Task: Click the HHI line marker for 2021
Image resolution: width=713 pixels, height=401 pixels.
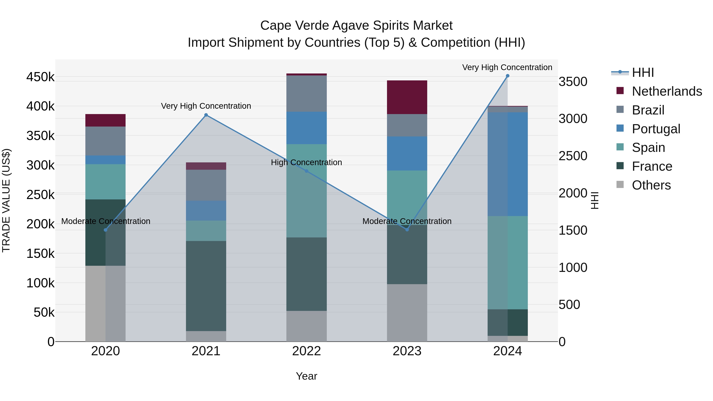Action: click(206, 115)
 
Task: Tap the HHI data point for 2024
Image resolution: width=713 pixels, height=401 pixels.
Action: click(507, 76)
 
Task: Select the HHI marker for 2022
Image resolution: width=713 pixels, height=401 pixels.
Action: click(306, 171)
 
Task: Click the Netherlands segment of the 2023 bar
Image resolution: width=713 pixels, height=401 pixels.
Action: click(407, 97)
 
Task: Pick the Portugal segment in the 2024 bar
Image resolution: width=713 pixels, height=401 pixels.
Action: click(507, 164)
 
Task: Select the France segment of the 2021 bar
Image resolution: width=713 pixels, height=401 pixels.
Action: click(206, 286)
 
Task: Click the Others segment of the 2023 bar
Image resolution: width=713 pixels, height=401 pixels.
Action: click(407, 313)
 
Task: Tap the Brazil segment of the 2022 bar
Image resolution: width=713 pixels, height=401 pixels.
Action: click(306, 93)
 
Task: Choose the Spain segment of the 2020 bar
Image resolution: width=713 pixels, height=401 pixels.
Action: click(105, 182)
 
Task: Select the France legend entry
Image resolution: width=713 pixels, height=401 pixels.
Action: click(652, 166)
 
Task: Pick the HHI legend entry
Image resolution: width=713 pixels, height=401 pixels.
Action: click(643, 72)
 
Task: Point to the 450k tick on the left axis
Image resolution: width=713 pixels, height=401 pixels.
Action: click(41, 77)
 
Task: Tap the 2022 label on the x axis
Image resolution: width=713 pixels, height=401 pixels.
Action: click(306, 351)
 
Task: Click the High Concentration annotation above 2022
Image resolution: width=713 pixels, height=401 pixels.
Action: click(306, 162)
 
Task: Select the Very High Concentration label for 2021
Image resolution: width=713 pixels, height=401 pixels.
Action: click(206, 106)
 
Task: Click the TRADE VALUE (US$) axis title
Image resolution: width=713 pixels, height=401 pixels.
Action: click(6, 200)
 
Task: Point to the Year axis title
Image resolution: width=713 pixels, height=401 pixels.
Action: click(306, 376)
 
